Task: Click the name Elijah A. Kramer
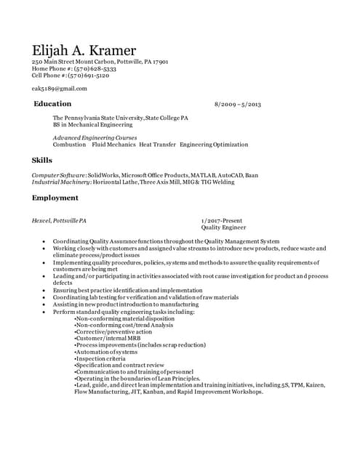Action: click(84, 50)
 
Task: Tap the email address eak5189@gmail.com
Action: click(59, 89)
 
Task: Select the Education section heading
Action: click(52, 104)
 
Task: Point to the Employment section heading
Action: click(55, 198)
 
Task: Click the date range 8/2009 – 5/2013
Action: click(237, 105)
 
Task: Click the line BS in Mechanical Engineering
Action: click(92, 124)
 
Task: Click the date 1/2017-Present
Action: click(222, 220)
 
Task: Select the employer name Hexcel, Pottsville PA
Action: click(59, 220)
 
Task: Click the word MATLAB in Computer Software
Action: click(201, 175)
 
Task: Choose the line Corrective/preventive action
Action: click(114, 331)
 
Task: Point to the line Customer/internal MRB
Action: click(108, 338)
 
